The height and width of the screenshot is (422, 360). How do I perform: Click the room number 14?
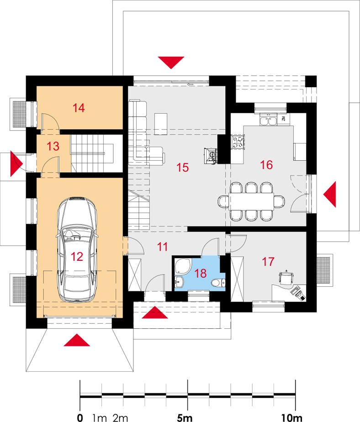coord(79,108)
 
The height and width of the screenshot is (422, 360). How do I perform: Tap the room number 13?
coord(53,147)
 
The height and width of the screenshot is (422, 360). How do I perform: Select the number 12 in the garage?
coord(77,257)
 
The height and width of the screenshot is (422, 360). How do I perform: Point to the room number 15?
coord(183,168)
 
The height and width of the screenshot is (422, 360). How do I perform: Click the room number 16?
coord(266,165)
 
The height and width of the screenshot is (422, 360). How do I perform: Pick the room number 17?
coord(268,262)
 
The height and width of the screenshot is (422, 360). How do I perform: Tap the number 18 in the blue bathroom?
coord(200,274)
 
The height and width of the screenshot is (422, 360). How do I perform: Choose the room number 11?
coord(162,247)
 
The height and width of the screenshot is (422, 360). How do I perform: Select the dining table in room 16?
coord(251,201)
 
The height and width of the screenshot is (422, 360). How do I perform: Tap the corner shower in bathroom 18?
coord(183,266)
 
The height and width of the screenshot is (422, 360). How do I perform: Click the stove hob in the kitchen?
coord(238,142)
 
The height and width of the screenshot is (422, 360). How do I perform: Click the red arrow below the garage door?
coord(77,340)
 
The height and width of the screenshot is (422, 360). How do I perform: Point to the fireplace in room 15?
coord(211,155)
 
